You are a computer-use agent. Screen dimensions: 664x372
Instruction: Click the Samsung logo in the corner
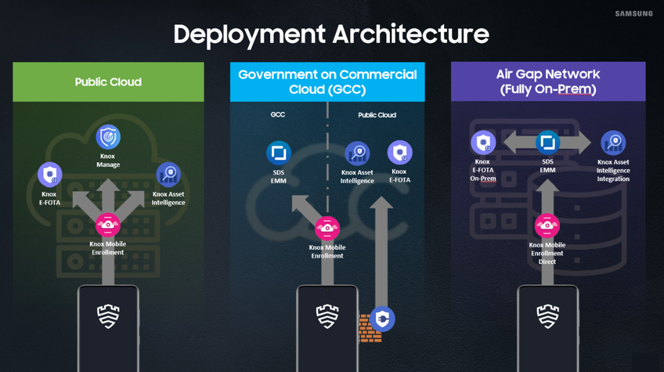tap(634, 13)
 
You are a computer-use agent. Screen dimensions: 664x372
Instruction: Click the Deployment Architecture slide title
tap(331, 34)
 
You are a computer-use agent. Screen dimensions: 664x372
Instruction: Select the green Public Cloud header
tap(109, 82)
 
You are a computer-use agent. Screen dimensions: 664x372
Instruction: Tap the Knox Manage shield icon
tap(108, 137)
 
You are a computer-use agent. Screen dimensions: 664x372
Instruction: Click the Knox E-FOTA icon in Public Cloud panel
tap(50, 174)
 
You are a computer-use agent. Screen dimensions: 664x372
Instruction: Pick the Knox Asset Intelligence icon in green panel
tap(169, 174)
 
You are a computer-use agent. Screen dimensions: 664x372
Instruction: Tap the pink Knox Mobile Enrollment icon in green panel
tap(107, 225)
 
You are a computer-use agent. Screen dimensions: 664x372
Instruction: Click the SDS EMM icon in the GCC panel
tap(279, 153)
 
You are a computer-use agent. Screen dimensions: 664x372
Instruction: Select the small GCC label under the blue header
tap(278, 115)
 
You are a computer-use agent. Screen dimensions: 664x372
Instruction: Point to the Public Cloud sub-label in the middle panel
tap(377, 115)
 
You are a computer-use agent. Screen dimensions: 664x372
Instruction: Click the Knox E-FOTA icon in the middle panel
tap(400, 152)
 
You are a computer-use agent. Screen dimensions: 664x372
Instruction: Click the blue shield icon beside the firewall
tap(382, 319)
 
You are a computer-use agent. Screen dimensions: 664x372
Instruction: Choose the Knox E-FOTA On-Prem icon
tap(483, 142)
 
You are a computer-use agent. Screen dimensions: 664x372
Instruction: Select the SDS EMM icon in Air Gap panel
tap(547, 142)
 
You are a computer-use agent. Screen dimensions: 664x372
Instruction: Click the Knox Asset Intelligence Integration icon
tap(613, 142)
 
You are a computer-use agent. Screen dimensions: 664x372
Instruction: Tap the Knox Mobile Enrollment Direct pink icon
tap(547, 226)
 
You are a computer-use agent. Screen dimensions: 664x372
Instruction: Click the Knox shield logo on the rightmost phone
tap(548, 316)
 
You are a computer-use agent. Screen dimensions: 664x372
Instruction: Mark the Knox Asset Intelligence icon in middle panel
tap(357, 153)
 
